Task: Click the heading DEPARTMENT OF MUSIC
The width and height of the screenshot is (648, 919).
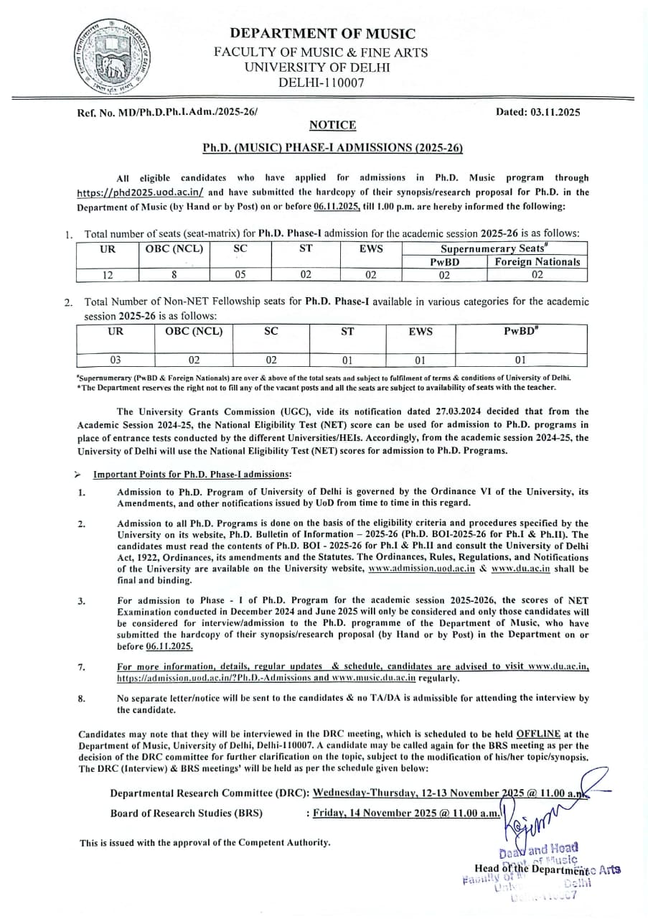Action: click(x=323, y=34)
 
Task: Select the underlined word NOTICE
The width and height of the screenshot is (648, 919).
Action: click(x=332, y=125)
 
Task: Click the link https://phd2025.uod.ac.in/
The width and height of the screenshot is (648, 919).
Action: click(x=141, y=192)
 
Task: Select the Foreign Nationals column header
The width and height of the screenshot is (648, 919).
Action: click(x=537, y=262)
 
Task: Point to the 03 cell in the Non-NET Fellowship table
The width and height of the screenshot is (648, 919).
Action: click(x=115, y=360)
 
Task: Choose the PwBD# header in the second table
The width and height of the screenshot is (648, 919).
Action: click(x=521, y=332)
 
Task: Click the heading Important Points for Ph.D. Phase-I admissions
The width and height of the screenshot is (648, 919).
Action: click(x=192, y=475)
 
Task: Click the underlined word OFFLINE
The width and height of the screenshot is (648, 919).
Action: click(x=537, y=734)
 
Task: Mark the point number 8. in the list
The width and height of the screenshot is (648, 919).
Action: click(x=81, y=698)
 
